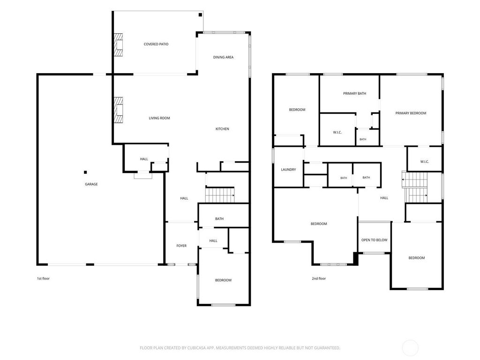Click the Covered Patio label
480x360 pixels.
156,44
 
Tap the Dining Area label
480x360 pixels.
223,57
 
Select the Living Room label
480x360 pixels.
159,118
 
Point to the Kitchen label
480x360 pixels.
222,129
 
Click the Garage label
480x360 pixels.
91,184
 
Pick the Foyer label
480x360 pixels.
181,246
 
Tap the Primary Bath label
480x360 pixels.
354,94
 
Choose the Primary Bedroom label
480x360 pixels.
411,113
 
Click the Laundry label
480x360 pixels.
288,170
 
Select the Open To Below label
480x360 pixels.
375,240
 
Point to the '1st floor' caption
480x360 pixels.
43,278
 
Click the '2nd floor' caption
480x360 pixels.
319,278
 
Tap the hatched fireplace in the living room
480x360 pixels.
119,110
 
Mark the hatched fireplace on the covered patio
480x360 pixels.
119,45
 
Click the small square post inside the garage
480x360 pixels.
85,172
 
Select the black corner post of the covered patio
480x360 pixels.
201,15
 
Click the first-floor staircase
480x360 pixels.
220,195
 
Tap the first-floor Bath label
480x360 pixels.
219,219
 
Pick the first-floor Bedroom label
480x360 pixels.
223,280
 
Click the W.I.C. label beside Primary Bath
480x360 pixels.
337,133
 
